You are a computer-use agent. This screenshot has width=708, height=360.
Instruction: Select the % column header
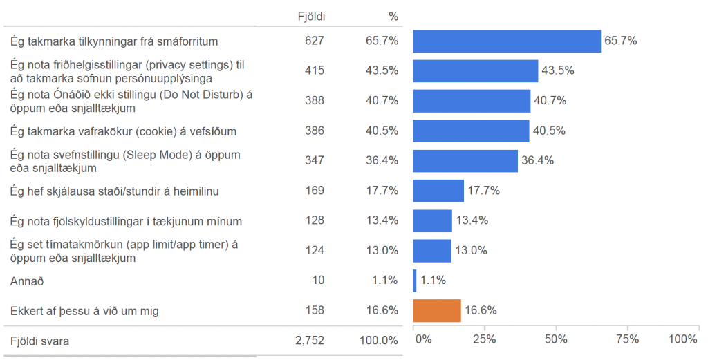point(393,16)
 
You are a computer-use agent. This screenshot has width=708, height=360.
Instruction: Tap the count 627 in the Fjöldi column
point(314,41)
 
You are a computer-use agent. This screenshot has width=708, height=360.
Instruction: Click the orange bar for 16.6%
point(437,311)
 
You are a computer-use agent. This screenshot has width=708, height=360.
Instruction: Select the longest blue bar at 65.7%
point(507,41)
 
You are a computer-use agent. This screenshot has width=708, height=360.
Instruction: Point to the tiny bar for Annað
point(415,281)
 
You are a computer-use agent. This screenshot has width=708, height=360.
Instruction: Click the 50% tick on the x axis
point(555,339)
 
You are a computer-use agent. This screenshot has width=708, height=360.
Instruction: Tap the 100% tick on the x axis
point(683,339)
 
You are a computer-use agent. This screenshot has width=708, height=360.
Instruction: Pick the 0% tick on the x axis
point(423,339)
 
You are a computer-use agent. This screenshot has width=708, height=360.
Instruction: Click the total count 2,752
point(309,341)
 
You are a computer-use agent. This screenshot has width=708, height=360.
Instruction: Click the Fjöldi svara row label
point(39,341)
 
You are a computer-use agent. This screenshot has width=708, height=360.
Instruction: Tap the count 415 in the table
point(314,70)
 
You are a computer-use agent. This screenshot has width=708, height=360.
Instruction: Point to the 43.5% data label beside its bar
point(557,70)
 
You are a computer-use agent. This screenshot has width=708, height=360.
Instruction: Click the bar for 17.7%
point(438,191)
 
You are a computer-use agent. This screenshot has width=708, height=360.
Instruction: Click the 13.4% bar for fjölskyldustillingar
point(432,221)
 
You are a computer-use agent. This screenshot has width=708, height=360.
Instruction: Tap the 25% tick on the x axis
point(484,339)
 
